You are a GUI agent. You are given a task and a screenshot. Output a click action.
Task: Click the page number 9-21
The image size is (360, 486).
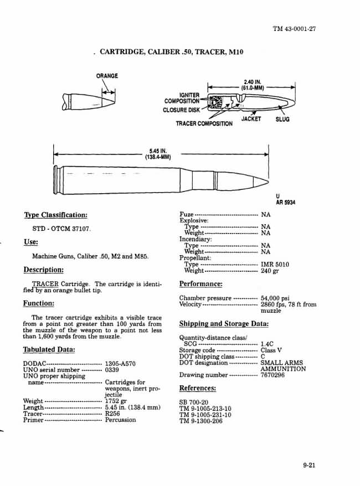pyautogui.click(x=309, y=466)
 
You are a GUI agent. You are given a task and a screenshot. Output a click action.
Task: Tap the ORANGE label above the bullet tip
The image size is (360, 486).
pyautogui.click(x=107, y=76)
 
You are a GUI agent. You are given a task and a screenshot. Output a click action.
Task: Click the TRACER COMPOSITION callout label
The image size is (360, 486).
pyautogui.click(x=204, y=123)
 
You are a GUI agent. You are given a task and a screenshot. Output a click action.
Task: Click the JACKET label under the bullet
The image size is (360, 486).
pyautogui.click(x=251, y=119)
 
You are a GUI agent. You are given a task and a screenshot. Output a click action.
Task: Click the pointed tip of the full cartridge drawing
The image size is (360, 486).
pyautogui.click(x=267, y=180)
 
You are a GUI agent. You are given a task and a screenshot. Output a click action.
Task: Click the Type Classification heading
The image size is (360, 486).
pyautogui.click(x=55, y=215)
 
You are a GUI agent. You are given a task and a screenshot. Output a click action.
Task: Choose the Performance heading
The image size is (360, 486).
pyautogui.click(x=201, y=284)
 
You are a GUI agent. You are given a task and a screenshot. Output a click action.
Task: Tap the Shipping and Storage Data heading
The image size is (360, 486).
pyautogui.click(x=224, y=324)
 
